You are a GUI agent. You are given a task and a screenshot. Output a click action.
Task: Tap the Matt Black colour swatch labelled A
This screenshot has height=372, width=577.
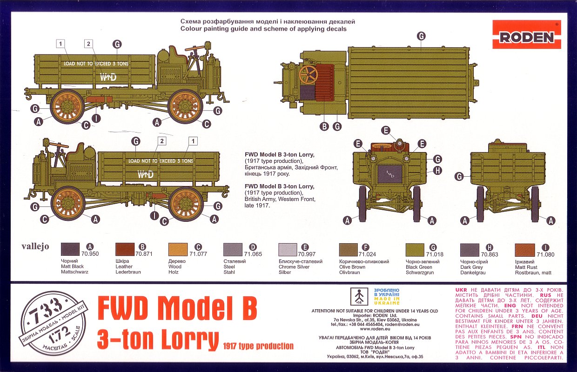coord(71,250)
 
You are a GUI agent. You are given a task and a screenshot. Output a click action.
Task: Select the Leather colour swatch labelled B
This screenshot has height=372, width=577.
coord(125,250)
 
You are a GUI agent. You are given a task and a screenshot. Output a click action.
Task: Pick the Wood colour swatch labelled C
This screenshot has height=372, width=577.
coord(178,250)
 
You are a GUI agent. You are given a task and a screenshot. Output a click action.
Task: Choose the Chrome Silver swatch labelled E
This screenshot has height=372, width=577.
coord(288,250)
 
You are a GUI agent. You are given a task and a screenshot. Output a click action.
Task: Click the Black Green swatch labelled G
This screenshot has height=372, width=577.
coord(415,250)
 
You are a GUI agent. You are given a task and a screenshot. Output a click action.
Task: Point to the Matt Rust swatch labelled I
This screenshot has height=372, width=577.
coord(525,250)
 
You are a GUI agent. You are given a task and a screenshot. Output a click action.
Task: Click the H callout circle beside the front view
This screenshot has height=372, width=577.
coord(437,171)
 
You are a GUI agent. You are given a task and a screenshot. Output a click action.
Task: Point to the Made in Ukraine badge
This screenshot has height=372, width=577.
coord(387,296)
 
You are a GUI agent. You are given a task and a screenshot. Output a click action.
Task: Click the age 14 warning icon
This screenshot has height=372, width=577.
coord(359,296)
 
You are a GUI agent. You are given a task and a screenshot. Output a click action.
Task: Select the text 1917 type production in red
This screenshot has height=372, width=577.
coord(258,346)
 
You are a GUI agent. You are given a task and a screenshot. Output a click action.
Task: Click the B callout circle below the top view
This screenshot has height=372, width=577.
coord(324,126)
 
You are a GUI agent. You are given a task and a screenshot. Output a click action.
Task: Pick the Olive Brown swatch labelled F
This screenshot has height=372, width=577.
coord(348,250)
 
